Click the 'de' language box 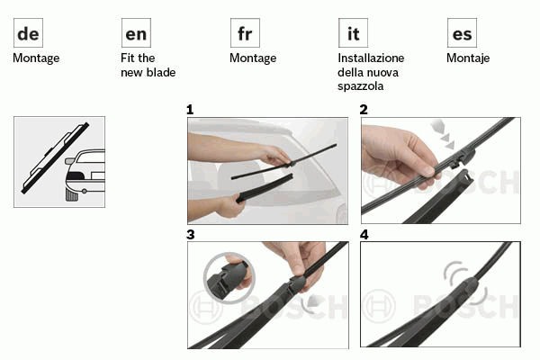pos(28,32)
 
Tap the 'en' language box pos(136,32)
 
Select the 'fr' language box pos(245,32)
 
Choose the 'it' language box pos(353,32)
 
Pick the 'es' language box pos(462,32)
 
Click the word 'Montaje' pos(468,58)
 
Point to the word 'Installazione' pos(371,58)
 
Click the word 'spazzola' pos(360,86)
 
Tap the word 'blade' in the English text pos(161,72)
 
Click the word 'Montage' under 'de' pos(36,58)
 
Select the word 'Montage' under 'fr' pos(253,58)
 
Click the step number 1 pos(190,110)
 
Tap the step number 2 pos(364,110)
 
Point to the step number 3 pos(191,235)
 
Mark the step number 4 pos(364,235)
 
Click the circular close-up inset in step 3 pos(229,278)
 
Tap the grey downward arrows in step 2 pos(444,135)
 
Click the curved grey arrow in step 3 pos(311,302)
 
